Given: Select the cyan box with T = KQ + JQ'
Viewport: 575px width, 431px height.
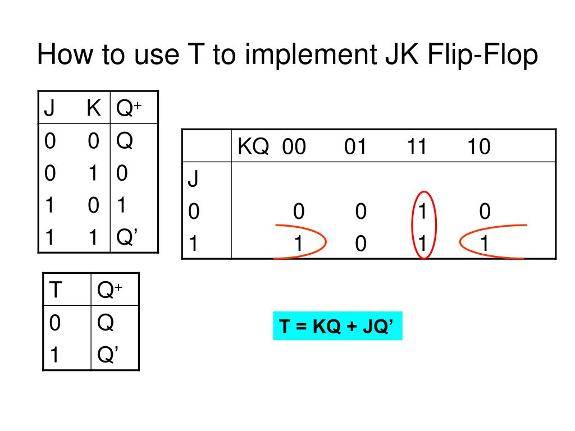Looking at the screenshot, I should pos(338,326).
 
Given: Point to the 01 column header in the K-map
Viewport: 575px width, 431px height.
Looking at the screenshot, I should pos(355,148).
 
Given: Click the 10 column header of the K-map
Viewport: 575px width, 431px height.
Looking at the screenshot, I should pos(478,148).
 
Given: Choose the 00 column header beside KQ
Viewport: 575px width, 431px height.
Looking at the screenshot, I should pos(294,148).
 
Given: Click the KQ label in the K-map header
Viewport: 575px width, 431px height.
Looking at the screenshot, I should pos(253,148).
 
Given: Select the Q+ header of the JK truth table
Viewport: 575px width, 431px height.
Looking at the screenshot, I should pos(128,108).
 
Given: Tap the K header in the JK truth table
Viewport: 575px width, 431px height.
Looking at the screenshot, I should pos(93,108).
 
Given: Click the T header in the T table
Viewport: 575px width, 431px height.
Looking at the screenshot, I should pos(56,290).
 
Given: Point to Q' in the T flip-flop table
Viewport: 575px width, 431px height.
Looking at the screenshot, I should pos(107,355).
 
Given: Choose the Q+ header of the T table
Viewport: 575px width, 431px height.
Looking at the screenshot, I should pos(109,290).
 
